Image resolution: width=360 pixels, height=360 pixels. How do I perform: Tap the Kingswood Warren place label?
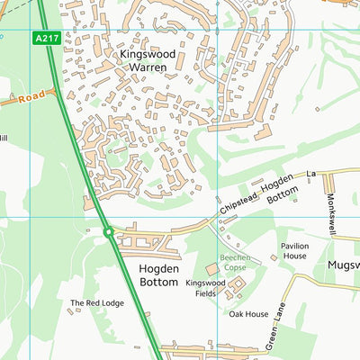(x=147, y=60)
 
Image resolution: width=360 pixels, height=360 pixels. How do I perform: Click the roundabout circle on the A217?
(x=108, y=232)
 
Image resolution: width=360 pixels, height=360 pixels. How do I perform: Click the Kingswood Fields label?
(x=206, y=288)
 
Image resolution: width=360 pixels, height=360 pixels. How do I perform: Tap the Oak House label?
(x=247, y=314)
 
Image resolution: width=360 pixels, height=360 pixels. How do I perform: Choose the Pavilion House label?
(x=294, y=249)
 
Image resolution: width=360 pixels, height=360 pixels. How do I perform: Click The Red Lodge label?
(x=96, y=303)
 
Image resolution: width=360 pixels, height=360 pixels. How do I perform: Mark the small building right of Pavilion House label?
(x=274, y=258)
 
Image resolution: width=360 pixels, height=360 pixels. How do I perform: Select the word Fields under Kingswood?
(x=206, y=293)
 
